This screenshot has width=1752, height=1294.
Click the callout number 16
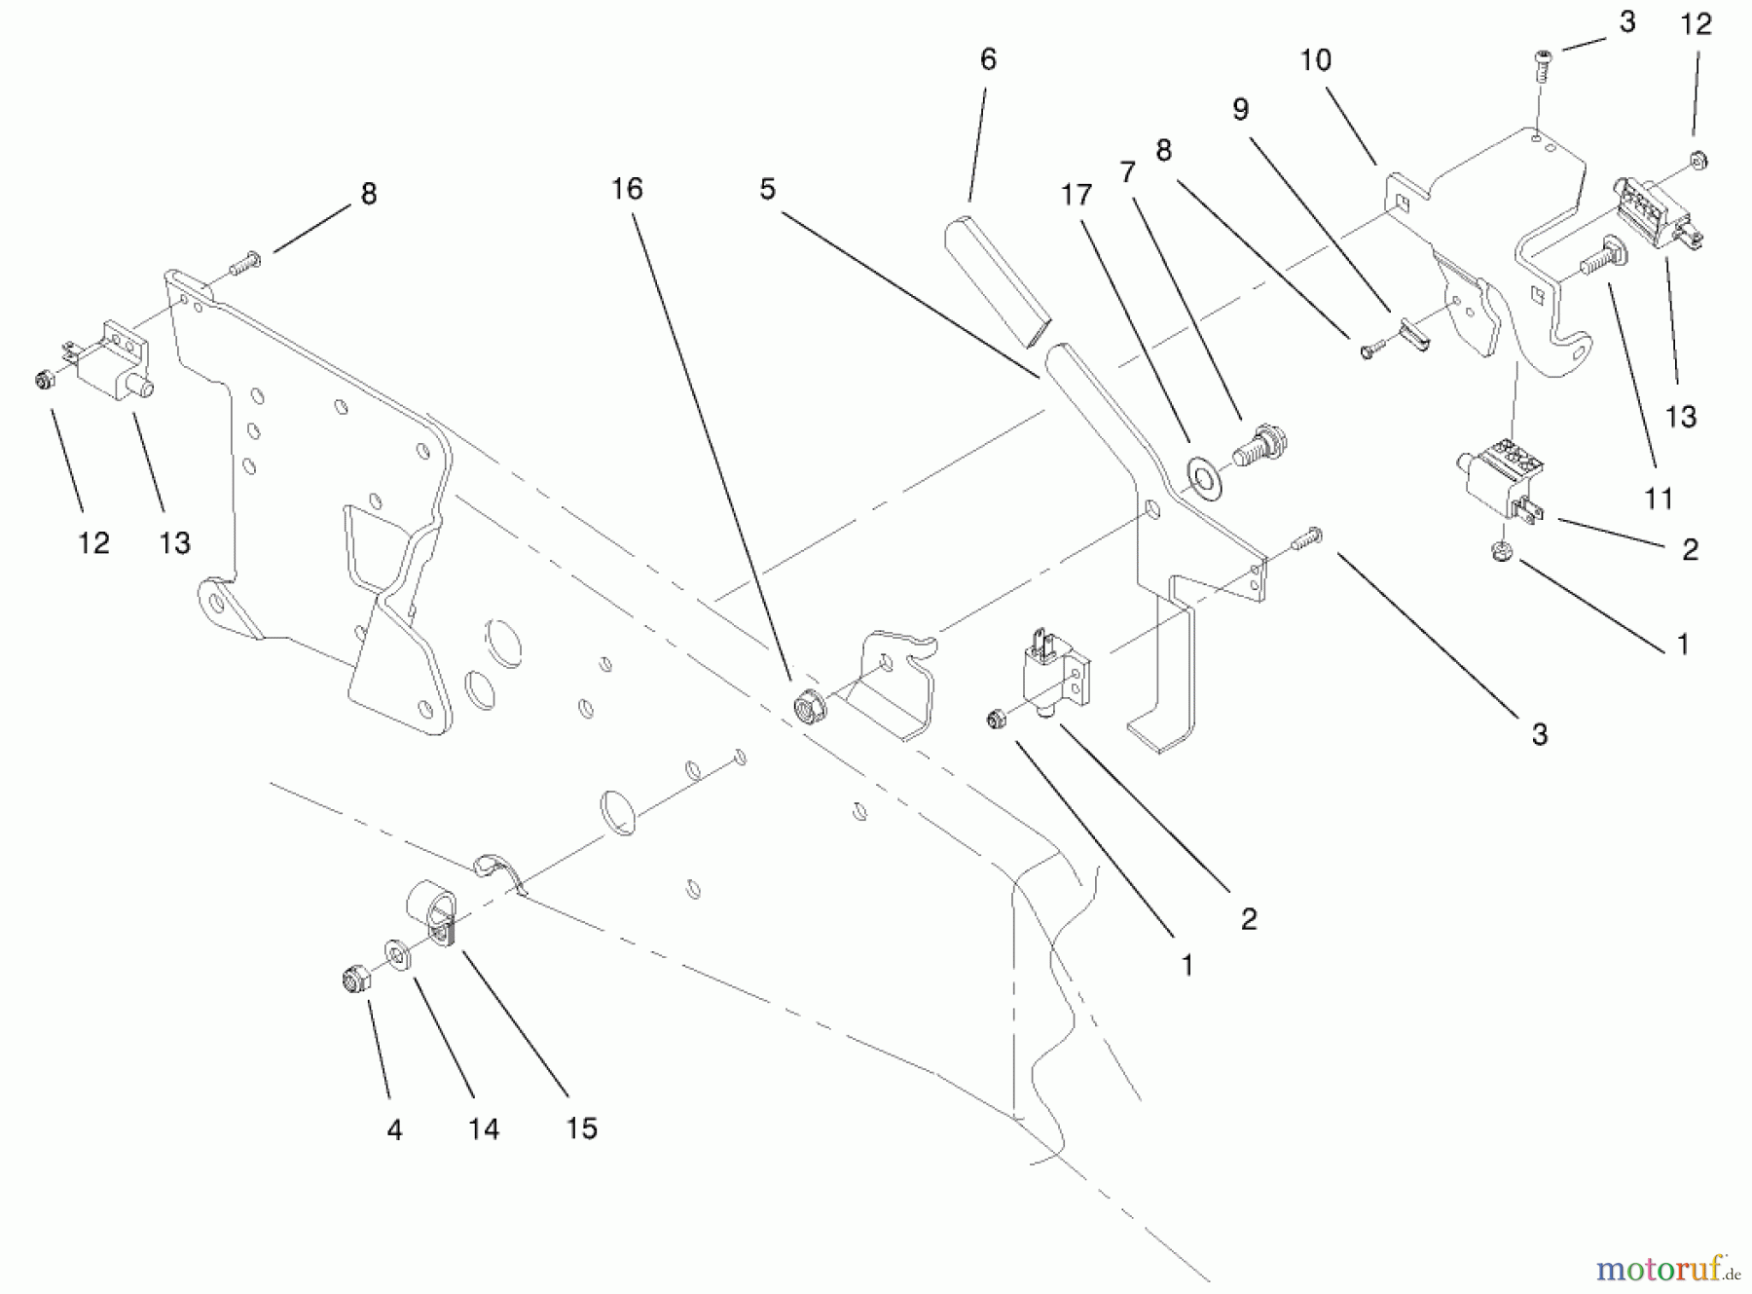pyautogui.click(x=627, y=189)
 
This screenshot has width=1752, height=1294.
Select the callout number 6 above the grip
pyautogui.click(x=988, y=60)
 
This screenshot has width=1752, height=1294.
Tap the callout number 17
pyautogui.click(x=1077, y=196)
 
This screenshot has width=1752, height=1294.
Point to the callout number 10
pyautogui.click(x=1315, y=60)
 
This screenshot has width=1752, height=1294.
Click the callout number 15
pyautogui.click(x=581, y=1128)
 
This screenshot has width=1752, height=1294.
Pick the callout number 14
pyautogui.click(x=484, y=1129)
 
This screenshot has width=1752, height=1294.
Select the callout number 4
pyautogui.click(x=394, y=1130)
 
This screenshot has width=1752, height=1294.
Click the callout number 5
pyautogui.click(x=768, y=189)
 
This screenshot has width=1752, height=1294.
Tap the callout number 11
pyautogui.click(x=1659, y=499)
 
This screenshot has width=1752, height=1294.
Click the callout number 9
pyautogui.click(x=1240, y=110)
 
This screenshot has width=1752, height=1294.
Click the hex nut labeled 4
pyautogui.click(x=354, y=979)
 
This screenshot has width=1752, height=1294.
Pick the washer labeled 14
pyautogui.click(x=397, y=954)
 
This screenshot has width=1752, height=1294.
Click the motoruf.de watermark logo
pyautogui.click(x=1667, y=1269)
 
